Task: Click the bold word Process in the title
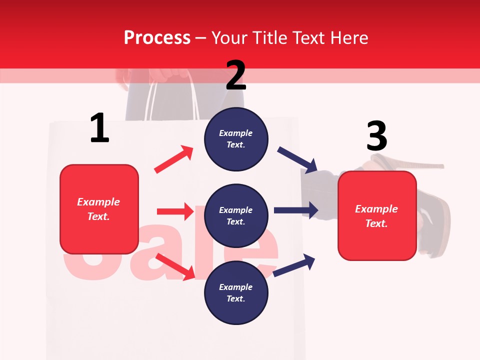(x=157, y=37)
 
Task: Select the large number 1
(x=99, y=128)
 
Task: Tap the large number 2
(x=236, y=75)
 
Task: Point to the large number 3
(x=376, y=136)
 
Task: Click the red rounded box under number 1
(x=99, y=209)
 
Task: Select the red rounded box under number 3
(x=377, y=215)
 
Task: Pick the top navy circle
(x=236, y=139)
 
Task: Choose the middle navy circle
(x=236, y=215)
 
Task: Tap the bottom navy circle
(x=236, y=292)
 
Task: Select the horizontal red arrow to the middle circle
(x=175, y=211)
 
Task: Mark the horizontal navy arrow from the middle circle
(x=296, y=210)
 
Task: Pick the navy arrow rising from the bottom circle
(x=294, y=265)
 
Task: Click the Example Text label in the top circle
(x=236, y=139)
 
